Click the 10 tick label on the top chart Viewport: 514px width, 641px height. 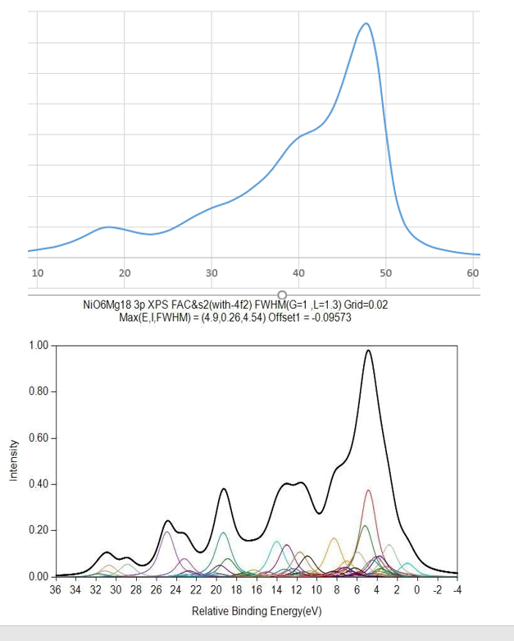[37, 272]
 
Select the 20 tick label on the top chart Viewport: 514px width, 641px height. [125, 272]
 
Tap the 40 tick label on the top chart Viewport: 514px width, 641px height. [298, 272]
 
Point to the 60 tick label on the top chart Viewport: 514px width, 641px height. [473, 272]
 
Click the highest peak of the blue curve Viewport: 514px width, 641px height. [366, 23]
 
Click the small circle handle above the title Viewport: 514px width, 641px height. [282, 295]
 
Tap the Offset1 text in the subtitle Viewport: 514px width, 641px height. [288, 317]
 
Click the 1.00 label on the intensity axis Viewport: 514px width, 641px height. [38, 346]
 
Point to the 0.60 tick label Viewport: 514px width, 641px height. [38, 437]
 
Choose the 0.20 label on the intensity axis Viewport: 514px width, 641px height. [38, 530]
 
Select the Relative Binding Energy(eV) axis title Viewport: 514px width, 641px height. [255, 611]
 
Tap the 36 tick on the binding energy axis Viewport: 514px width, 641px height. [56, 589]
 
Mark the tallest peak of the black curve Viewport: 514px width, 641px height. [368, 350]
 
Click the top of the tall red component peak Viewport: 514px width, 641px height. [369, 490]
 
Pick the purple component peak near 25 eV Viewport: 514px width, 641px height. [167, 532]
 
